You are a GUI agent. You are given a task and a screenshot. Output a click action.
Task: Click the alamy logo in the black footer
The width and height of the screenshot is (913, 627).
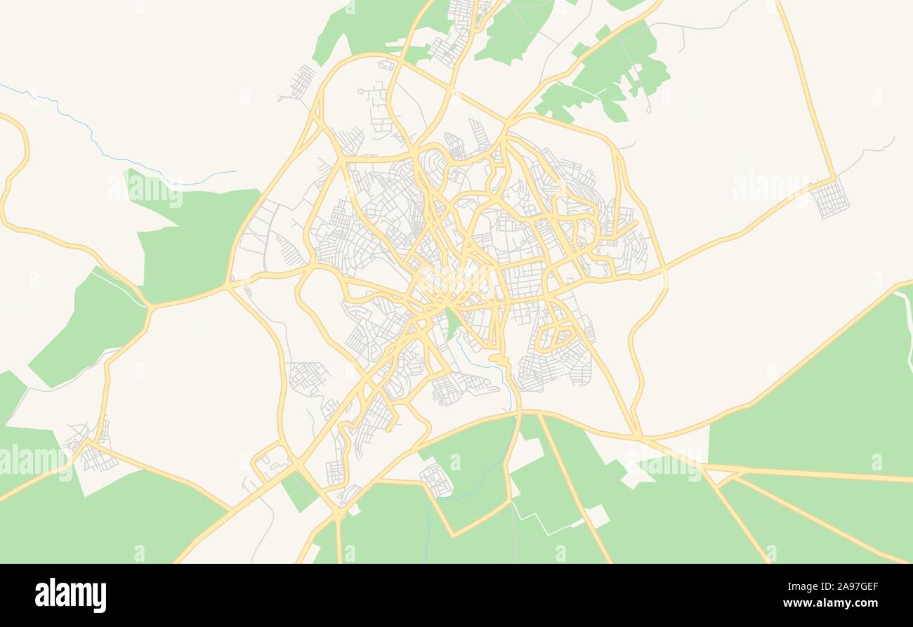tap(70, 595)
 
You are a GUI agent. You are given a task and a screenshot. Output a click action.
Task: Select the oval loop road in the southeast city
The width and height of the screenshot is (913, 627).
tap(555, 336)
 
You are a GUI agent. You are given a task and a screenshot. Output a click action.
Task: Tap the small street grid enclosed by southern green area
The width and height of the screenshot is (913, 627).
tap(436, 480)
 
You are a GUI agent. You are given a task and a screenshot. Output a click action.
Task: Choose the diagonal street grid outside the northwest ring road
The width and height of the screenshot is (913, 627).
tap(302, 82)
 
